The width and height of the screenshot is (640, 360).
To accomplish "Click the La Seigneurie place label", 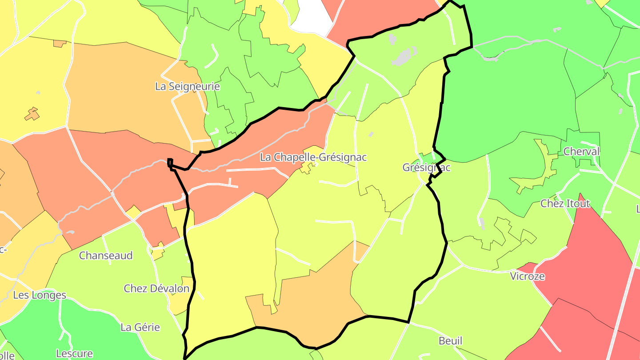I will [187, 86].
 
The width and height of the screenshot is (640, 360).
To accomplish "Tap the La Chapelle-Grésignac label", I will [313, 157].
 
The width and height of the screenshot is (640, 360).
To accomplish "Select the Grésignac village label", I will [426, 168].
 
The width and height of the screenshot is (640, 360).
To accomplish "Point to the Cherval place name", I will [581, 152].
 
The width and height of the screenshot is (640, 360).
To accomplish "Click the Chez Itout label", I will [565, 204].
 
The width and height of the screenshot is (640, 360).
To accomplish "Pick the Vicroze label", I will [527, 276].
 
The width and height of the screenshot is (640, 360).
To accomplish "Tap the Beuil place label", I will [450, 341].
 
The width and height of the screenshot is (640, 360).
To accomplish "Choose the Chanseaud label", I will [106, 256].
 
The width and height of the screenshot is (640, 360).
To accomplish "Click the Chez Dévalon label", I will [156, 288].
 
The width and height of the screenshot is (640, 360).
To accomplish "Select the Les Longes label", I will [40, 295].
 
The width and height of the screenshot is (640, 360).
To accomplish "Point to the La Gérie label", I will [140, 328].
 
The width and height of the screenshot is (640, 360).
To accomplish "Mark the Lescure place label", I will [74, 354].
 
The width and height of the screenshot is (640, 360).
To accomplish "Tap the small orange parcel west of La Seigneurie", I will [32, 114].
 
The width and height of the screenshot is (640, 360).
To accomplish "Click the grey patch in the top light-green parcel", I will [404, 57].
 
